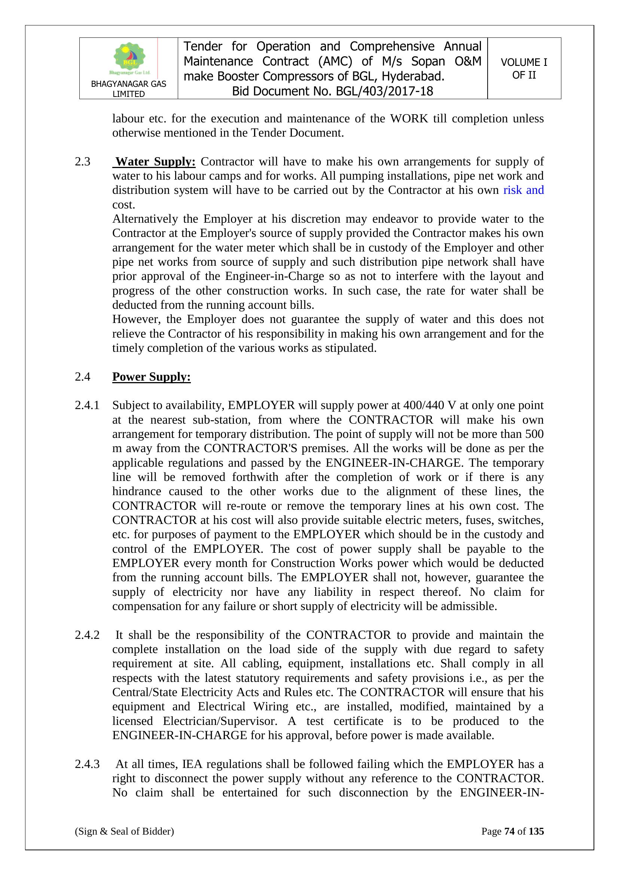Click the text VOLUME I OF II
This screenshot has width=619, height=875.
pos(524,68)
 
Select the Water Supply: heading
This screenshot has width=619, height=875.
pos(156,162)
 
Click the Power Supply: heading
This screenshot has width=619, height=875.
pos(151,377)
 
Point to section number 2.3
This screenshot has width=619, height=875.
pos(83,162)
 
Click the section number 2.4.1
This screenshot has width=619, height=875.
pos(87,405)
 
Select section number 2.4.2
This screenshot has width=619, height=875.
pos(87,635)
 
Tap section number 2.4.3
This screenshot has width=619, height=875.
pos(87,764)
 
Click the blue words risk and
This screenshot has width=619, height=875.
pos(523,190)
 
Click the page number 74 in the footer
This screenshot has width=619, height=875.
pos(510,831)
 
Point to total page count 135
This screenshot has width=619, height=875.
pos(536,831)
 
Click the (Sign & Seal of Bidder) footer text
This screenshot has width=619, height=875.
pos(124,831)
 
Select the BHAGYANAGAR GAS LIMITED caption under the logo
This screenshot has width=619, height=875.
pos(128,89)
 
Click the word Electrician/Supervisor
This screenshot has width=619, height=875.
pos(220,721)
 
